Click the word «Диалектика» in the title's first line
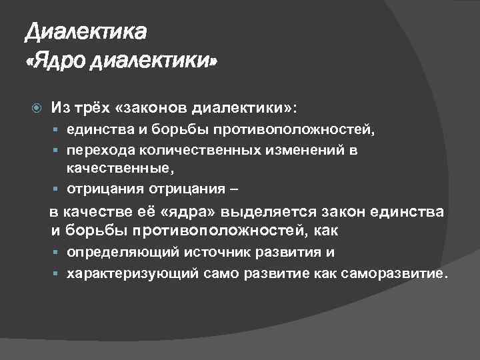(x=85, y=31)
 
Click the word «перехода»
(x=97, y=150)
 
